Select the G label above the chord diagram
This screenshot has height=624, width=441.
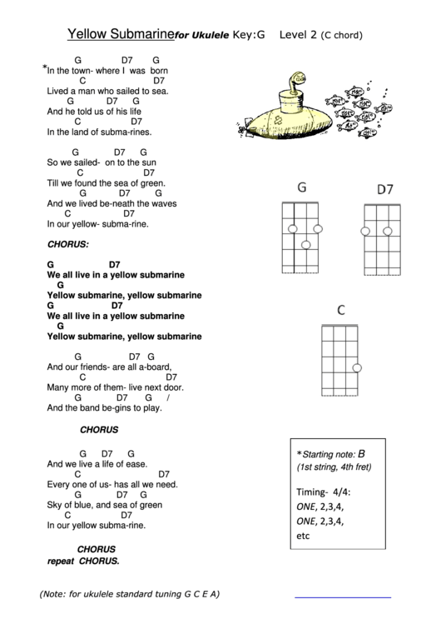pyautogui.click(x=302, y=187)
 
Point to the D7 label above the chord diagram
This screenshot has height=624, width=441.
pyautogui.click(x=384, y=189)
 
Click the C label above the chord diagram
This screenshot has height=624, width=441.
pyautogui.click(x=340, y=311)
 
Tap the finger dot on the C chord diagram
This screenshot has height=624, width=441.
pyautogui.click(x=356, y=368)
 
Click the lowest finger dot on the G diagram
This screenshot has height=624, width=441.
pyautogui.click(x=306, y=244)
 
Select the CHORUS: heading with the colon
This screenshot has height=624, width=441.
pyautogui.click(x=68, y=245)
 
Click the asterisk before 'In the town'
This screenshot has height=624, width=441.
pyautogui.click(x=44, y=70)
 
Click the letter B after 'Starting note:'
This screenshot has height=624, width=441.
pyautogui.click(x=361, y=453)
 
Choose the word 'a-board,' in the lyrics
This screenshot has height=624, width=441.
pyautogui.click(x=152, y=367)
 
